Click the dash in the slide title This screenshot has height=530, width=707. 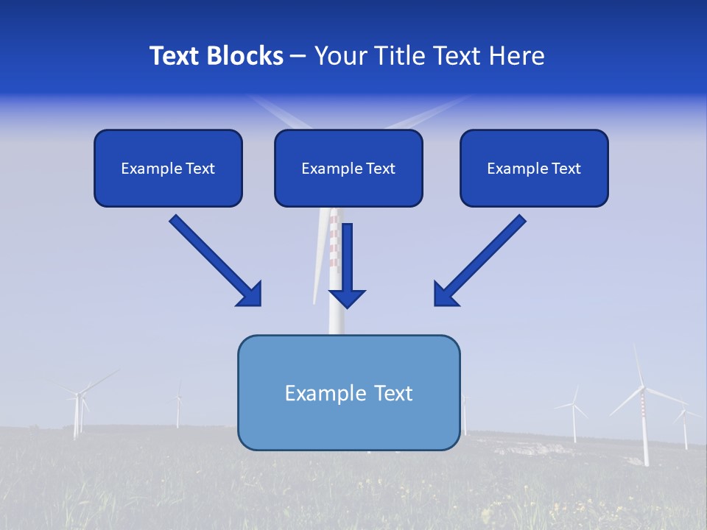click(x=299, y=57)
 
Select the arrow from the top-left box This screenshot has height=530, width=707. click(x=214, y=259)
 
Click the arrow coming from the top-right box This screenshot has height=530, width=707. click(x=482, y=259)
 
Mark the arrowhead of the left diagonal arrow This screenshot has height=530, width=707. click(x=250, y=294)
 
